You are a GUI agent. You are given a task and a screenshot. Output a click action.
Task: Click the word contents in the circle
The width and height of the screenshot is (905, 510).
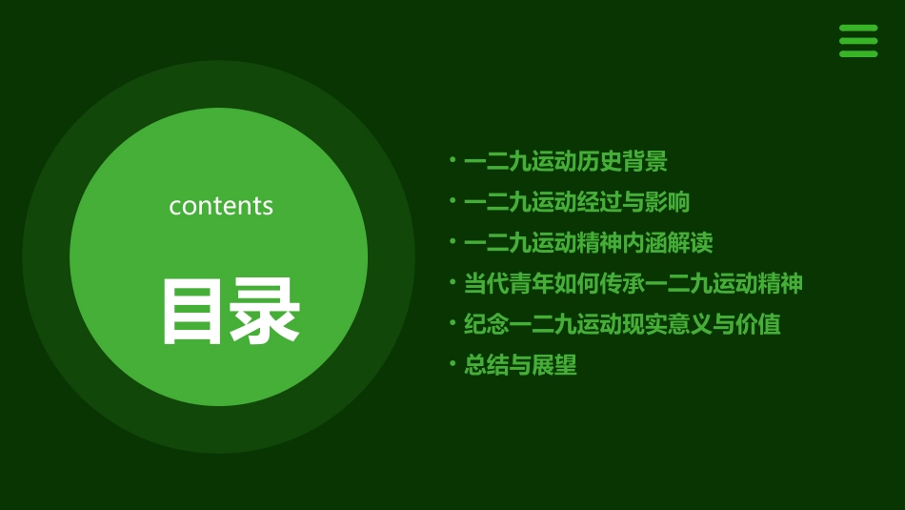221,206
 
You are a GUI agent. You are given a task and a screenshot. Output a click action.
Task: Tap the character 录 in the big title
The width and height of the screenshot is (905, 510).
264,312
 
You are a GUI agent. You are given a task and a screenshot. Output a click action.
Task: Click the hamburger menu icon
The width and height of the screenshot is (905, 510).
857,41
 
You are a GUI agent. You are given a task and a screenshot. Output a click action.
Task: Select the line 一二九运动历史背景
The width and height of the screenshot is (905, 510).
565,162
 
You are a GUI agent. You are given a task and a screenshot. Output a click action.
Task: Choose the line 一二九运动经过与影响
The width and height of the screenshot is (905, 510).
576,202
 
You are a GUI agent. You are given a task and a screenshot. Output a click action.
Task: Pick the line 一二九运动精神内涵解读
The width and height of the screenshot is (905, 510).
588,243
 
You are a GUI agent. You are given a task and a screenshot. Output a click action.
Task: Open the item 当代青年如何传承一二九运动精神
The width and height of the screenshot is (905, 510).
633,283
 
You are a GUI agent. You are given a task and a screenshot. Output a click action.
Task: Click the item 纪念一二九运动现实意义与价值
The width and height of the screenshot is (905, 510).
622,324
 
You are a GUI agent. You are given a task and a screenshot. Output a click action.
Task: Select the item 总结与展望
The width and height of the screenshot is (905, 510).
520,365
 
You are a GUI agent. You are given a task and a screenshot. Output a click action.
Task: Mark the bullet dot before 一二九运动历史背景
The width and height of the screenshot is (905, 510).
453,159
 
